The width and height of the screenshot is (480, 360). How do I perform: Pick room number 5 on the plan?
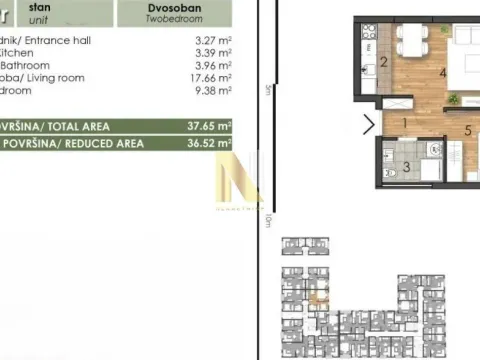[467, 130]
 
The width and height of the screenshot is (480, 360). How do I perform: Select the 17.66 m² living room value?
[211, 77]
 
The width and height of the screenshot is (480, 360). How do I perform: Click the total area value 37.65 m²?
[210, 126]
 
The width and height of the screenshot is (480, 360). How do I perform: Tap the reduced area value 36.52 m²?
[210, 143]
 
